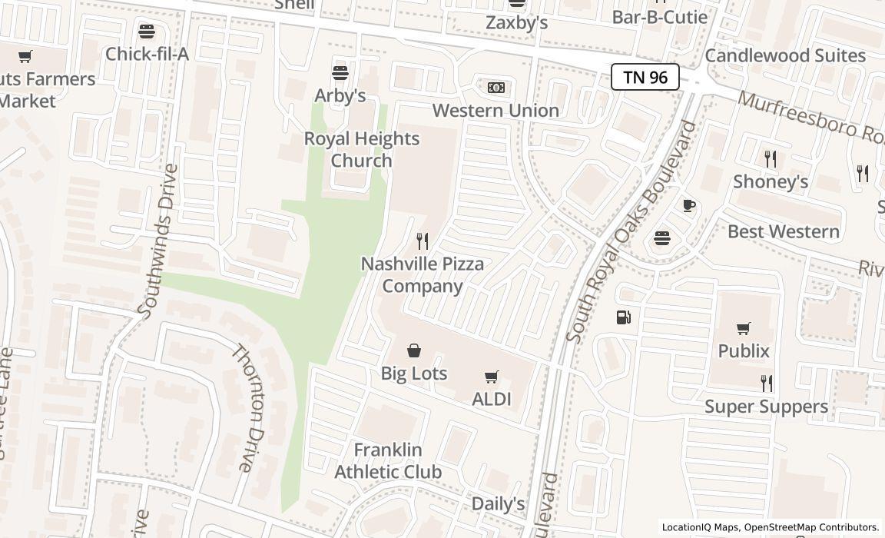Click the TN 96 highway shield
[645, 77]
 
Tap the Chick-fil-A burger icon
[146, 32]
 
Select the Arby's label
[340, 95]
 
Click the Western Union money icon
[496, 88]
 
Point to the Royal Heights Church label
[362, 149]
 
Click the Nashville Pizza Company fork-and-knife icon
[422, 241]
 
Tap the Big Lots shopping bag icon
[414, 351]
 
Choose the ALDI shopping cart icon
[492, 377]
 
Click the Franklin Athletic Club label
[388, 460]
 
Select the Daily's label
[498, 503]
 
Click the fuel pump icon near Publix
[624, 317]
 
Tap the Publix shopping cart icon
[743, 329]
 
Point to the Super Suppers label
[766, 406]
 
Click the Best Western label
[783, 231]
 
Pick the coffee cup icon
[689, 205]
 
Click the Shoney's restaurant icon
[770, 159]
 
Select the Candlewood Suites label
[785, 55]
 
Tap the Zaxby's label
[516, 23]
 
